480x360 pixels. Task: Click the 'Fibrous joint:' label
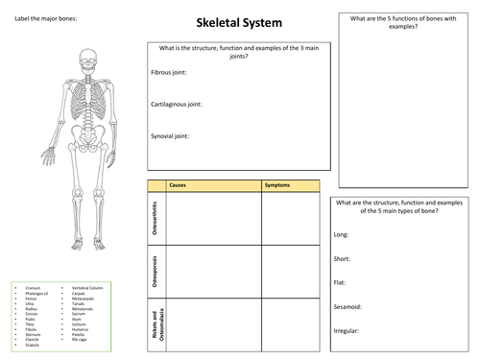point(169,72)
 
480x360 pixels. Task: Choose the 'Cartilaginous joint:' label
point(177,103)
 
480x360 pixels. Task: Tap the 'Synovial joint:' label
point(171,135)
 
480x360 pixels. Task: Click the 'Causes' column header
point(177,184)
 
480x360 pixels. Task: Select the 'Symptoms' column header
point(276,184)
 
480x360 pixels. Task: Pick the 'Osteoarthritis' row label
point(156,217)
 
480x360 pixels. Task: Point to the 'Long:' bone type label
point(341,235)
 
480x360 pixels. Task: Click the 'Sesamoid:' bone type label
point(347,306)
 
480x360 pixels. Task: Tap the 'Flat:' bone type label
point(340,282)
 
